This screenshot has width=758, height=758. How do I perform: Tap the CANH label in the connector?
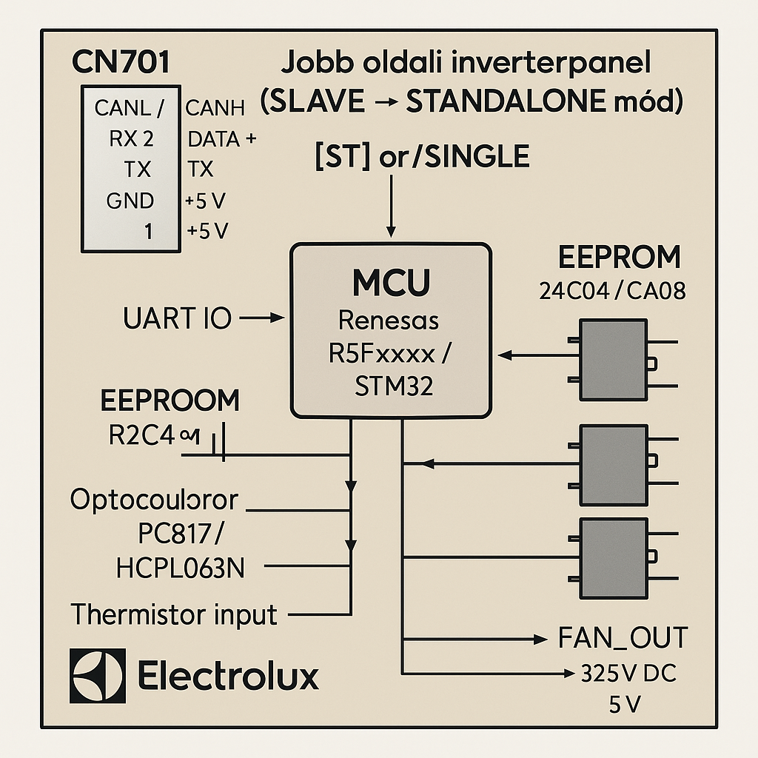215,109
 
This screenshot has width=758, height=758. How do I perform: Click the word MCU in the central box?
392,284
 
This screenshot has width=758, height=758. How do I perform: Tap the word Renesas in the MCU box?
389,321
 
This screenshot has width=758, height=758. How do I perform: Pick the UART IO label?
178,319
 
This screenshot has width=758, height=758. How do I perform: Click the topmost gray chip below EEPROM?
613,360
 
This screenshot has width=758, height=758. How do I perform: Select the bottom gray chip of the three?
613,547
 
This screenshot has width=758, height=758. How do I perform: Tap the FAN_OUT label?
623,637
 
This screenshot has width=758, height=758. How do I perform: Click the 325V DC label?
630,674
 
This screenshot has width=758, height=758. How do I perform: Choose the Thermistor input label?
174,614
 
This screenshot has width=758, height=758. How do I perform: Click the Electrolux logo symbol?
97,676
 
